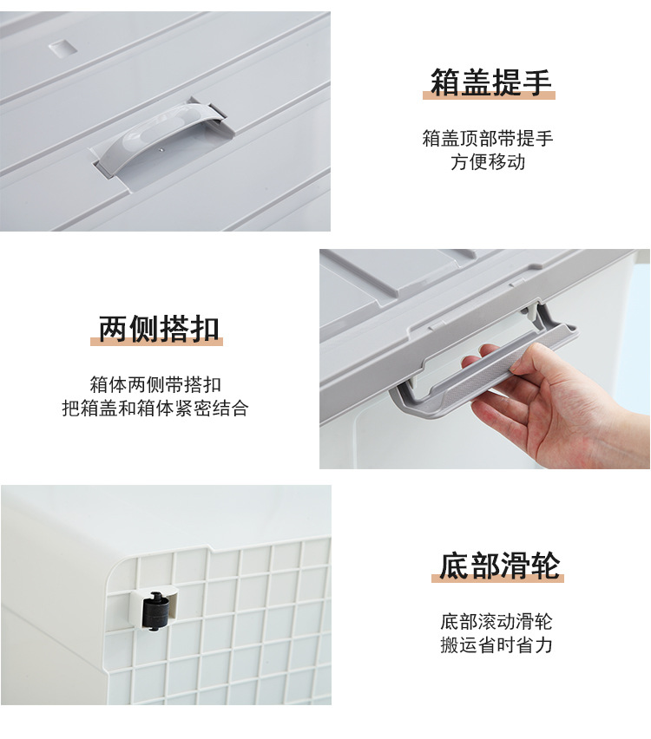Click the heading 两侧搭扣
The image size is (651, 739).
[x=157, y=330]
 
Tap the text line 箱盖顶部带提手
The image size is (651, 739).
[x=488, y=139]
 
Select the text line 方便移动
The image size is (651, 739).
[x=488, y=162]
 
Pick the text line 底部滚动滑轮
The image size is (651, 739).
[x=496, y=622]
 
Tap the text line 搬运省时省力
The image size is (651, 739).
[x=496, y=645]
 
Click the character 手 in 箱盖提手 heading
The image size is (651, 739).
[x=537, y=83]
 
